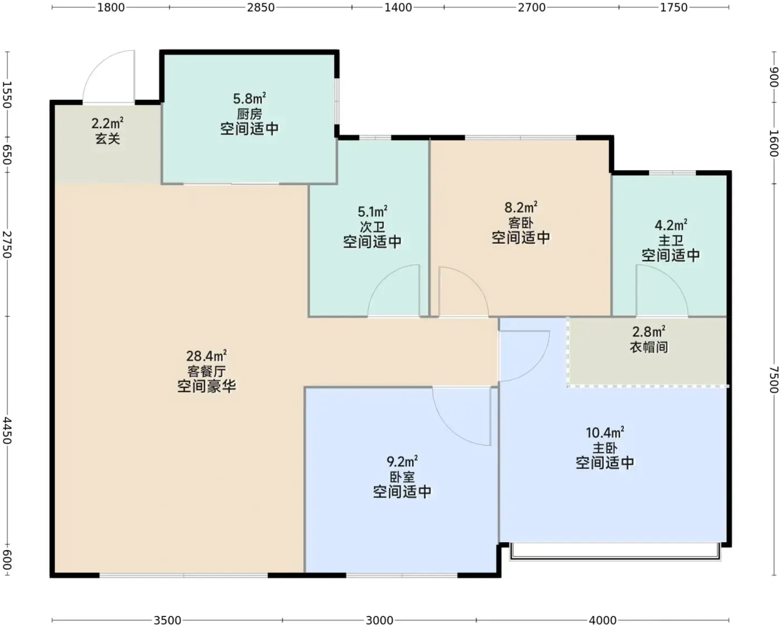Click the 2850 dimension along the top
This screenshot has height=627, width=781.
(261, 7)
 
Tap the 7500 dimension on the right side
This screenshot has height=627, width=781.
(773, 379)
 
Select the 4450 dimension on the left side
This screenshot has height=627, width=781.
(7, 431)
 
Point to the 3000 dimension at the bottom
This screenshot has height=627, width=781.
(379, 620)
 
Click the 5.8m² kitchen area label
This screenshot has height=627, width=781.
(249, 98)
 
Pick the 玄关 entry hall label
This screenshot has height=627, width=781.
(108, 138)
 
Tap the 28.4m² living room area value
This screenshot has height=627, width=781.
(206, 356)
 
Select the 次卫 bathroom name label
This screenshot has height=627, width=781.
(372, 227)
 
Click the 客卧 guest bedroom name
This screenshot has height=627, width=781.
(520, 223)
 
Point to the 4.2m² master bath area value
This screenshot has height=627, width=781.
(671, 225)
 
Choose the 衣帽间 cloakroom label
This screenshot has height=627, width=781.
(649, 347)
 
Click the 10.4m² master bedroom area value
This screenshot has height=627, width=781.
(605, 432)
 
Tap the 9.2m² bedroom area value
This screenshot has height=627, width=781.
(402, 461)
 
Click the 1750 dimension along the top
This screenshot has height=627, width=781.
(673, 7)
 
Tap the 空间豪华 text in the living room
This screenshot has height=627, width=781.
(206, 386)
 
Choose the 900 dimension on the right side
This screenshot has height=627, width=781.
(773, 77)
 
